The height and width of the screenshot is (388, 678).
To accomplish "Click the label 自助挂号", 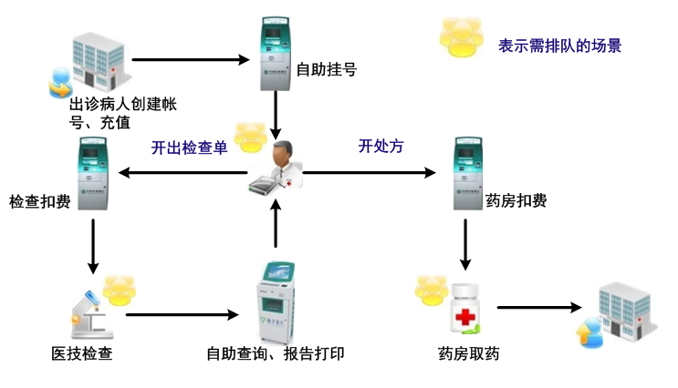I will click(327, 67).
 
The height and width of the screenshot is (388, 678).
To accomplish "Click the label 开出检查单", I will click(189, 148).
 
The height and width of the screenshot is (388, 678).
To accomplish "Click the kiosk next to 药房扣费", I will click(468, 174).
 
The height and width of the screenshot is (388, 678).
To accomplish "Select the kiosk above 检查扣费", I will click(92, 174).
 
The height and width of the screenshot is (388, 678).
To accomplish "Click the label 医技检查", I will click(82, 353).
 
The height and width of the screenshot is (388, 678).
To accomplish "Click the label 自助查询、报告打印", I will click(275, 353).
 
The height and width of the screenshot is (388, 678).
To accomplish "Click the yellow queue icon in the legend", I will click(462, 34).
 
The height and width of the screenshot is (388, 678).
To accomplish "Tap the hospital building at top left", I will click(93, 60).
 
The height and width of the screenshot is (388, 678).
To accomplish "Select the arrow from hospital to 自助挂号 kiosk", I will click(191, 60).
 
